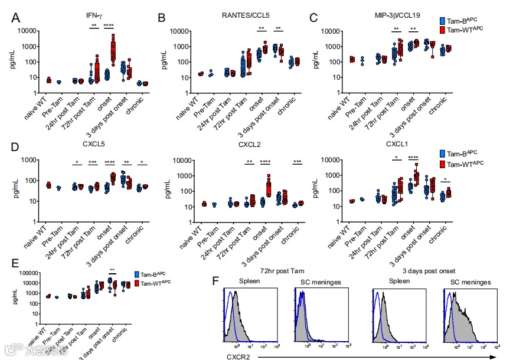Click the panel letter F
(215, 281)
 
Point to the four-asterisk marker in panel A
(109, 25)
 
